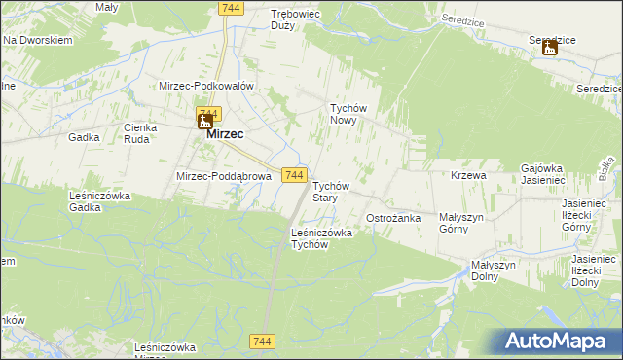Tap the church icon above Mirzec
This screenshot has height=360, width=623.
coord(205,120)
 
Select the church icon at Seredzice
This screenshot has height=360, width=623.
coord(549,47)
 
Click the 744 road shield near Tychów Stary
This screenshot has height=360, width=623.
coord(297,175)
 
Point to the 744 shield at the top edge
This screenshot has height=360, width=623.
coord(231,8)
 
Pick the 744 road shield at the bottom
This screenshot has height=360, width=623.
coord(261,341)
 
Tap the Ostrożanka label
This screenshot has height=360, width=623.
coord(392,218)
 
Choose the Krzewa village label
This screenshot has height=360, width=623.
coord(468,175)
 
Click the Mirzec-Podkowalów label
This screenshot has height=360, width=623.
coord(206,86)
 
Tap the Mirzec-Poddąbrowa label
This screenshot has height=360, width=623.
coord(222,176)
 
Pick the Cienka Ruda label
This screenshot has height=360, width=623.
coord(141,132)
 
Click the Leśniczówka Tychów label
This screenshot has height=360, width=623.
coord(322,238)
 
